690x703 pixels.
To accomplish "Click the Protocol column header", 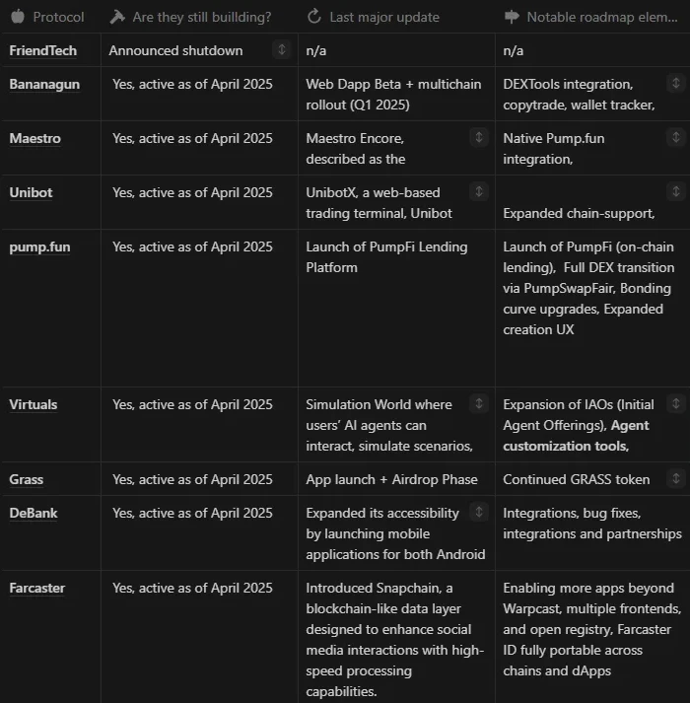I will [58, 17].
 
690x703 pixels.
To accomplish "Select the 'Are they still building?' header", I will [201, 17].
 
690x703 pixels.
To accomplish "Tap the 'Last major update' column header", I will [385, 17].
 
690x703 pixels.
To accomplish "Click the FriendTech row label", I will [42, 50].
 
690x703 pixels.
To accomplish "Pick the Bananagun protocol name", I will [44, 85].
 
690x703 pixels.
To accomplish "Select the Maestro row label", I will [34, 139].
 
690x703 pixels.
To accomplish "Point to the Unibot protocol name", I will [31, 193].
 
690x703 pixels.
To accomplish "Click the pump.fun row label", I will [39, 247].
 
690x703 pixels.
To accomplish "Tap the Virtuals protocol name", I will [34, 404].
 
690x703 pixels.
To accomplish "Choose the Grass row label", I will [27, 479].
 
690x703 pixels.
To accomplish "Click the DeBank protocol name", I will [32, 513].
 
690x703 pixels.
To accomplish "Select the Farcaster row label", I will [37, 589].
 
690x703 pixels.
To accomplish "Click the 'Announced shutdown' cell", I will [175, 50].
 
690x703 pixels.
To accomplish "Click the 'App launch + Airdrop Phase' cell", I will [391, 479].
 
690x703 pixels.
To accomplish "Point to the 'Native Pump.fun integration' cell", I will [554, 148].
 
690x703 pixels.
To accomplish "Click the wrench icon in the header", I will [117, 17].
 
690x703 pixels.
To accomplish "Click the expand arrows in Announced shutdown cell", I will [282, 49].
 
